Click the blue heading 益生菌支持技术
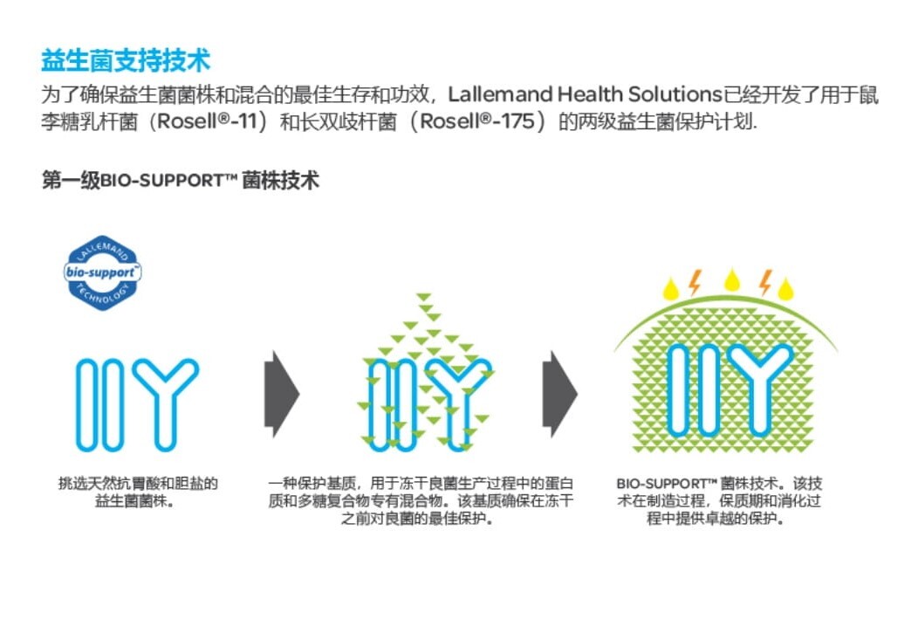click(x=126, y=62)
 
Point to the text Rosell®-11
click(x=210, y=121)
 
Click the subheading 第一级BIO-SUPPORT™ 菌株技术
click(x=180, y=181)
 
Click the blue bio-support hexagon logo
click(x=104, y=272)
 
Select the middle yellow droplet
click(x=731, y=279)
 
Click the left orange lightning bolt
click(x=695, y=281)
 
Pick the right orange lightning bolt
click(x=764, y=281)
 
